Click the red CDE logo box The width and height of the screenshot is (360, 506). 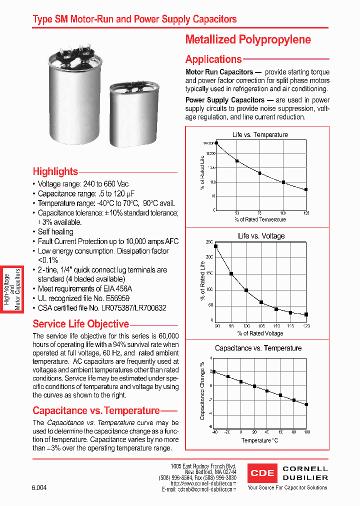(262, 472)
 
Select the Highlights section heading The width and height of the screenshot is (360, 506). (55, 171)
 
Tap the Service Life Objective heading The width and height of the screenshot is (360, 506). (80, 323)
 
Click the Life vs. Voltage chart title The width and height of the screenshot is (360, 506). (261, 236)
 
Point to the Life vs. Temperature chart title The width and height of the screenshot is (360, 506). (260, 134)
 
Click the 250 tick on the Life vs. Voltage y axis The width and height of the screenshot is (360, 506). (209, 242)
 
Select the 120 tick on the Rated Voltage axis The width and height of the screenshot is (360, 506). (306, 325)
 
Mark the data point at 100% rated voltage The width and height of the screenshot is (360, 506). (246, 290)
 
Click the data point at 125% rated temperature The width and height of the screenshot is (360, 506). (306, 189)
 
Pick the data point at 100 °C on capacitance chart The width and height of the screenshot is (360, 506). (306, 404)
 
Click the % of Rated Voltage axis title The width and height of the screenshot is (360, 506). (260, 333)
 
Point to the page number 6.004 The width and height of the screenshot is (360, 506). (39, 487)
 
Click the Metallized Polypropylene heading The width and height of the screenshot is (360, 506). (248, 39)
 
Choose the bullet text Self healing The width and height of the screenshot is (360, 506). (55, 231)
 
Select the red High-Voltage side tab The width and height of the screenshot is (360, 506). (12, 289)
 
